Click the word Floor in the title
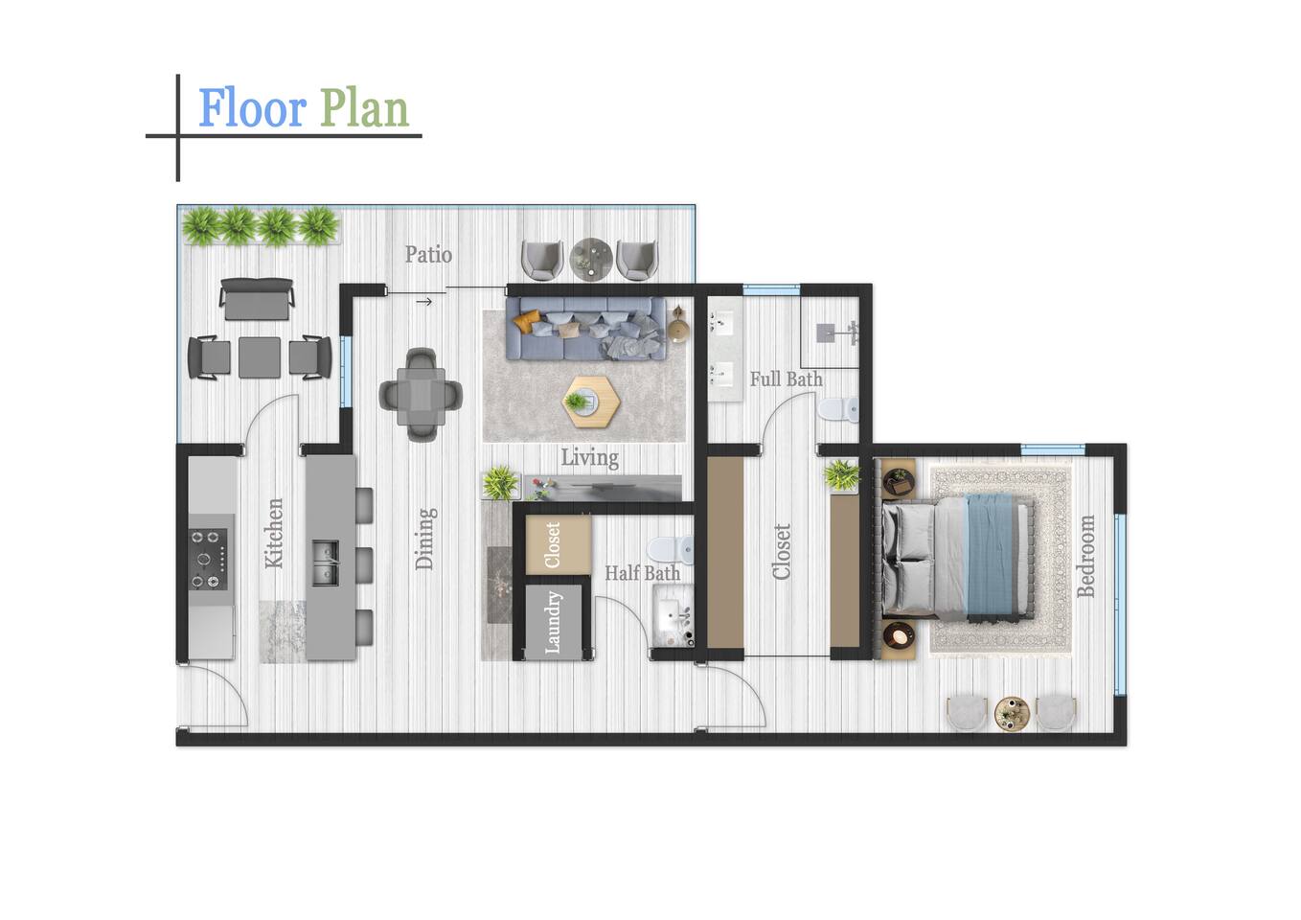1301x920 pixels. tap(253, 108)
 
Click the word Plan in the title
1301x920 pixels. tap(365, 108)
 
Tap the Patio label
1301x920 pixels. tap(428, 254)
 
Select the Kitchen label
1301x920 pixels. tap(274, 533)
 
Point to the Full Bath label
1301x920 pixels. tap(786, 379)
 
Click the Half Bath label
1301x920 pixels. tap(643, 573)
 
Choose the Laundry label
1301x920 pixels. tap(553, 622)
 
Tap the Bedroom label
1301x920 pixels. tap(1085, 556)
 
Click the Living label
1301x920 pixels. tap(589, 458)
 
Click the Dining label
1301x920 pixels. tap(424, 539)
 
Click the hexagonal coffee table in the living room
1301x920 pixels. tap(591, 402)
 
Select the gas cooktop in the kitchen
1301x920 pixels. tap(207, 559)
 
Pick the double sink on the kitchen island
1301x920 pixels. tap(325, 563)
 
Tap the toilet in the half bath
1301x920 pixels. tap(670, 549)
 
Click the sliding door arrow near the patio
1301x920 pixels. tap(424, 302)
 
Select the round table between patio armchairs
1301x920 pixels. tap(590, 259)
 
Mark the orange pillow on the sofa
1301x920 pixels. tap(527, 322)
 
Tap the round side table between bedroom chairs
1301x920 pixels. tap(1012, 714)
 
